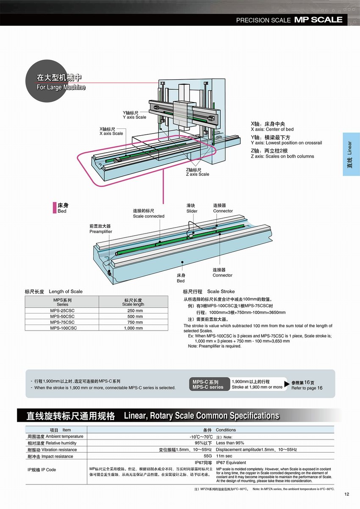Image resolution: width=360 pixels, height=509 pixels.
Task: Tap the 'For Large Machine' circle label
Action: [x=61, y=87]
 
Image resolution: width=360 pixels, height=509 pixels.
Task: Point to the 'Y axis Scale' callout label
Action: [x=134, y=117]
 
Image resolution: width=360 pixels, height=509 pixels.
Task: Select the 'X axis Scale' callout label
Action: [x=111, y=133]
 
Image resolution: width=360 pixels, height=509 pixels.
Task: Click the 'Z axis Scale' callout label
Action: [x=197, y=174]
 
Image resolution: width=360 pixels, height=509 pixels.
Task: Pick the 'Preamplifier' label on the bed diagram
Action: [x=100, y=232]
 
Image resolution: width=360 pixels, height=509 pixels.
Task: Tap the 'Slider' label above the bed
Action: [x=191, y=211]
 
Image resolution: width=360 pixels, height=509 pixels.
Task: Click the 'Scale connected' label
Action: [x=148, y=216]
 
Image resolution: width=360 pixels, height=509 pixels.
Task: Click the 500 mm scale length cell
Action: [x=135, y=316]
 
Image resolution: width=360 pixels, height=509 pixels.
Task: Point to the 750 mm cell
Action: [x=135, y=322]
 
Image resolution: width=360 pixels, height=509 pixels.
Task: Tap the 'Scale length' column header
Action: [x=133, y=304]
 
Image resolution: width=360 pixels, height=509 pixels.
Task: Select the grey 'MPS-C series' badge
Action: [x=208, y=387]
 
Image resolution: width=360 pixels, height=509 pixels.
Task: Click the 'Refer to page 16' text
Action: [x=307, y=388]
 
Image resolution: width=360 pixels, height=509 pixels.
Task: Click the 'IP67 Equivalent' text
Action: [x=231, y=463]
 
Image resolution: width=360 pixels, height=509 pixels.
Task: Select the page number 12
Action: [x=346, y=494]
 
